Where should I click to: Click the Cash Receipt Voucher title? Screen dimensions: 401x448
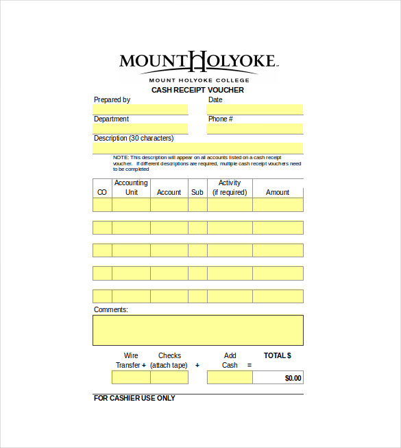pyautogui.click(x=197, y=90)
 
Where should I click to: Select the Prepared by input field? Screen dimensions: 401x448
pyautogui.click(x=141, y=110)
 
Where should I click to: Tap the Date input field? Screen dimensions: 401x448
pyautogui.click(x=255, y=110)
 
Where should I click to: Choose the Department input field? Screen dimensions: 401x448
pyautogui.click(x=141, y=129)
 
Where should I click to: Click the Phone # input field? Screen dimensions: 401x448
pyautogui.click(x=255, y=129)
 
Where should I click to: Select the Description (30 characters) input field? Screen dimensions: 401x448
pyautogui.click(x=198, y=148)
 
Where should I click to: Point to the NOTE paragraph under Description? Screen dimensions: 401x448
pyautogui.click(x=206, y=163)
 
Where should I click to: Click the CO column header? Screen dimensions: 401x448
pyautogui.click(x=102, y=193)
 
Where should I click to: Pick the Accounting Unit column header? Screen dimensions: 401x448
pyautogui.click(x=131, y=188)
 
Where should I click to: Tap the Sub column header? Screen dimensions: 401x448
pyautogui.click(x=197, y=193)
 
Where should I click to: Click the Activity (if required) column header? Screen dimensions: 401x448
pyautogui.click(x=230, y=188)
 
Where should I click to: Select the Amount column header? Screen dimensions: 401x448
pyautogui.click(x=278, y=193)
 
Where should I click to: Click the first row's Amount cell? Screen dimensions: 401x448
pyautogui.click(x=278, y=205)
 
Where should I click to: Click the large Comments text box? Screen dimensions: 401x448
pyautogui.click(x=198, y=330)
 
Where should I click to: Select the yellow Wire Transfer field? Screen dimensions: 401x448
pyautogui.click(x=131, y=377)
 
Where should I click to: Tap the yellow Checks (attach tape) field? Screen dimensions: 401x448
pyautogui.click(x=169, y=377)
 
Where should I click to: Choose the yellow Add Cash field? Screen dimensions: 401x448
pyautogui.click(x=230, y=377)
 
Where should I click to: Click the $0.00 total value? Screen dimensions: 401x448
pyautogui.click(x=293, y=378)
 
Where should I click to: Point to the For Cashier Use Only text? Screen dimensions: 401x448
pyautogui.click(x=134, y=398)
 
